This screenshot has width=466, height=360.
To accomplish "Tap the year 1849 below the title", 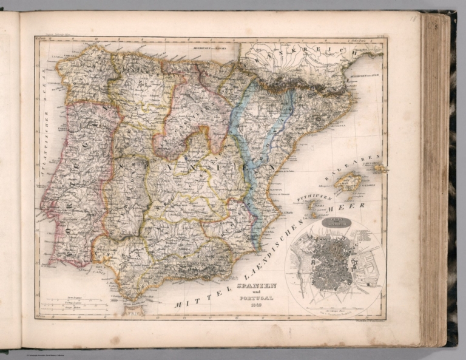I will pos(256,307).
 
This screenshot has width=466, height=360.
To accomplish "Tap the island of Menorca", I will pos(380,167).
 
